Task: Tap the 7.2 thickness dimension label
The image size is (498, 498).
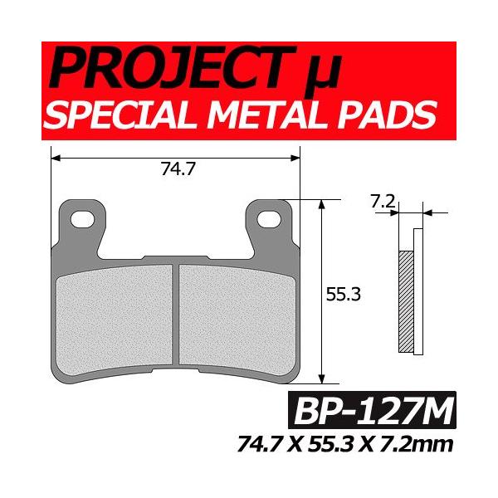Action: coord(380,201)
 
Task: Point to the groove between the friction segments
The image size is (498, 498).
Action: coord(175,313)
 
